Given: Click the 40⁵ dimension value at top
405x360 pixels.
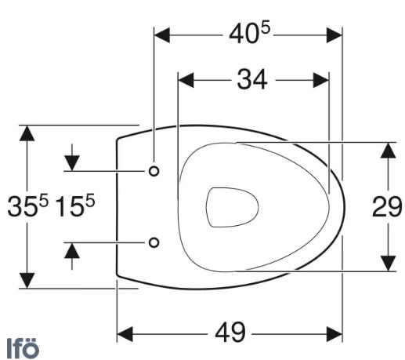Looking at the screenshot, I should point(248,35).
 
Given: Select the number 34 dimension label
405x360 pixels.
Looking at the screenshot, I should point(252,79).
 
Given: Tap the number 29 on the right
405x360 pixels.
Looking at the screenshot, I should point(387,207).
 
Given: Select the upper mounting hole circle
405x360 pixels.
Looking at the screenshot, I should point(154,171).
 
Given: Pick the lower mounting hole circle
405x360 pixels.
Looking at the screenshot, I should point(154,242).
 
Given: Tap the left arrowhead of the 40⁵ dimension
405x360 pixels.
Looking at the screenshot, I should point(161,35).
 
